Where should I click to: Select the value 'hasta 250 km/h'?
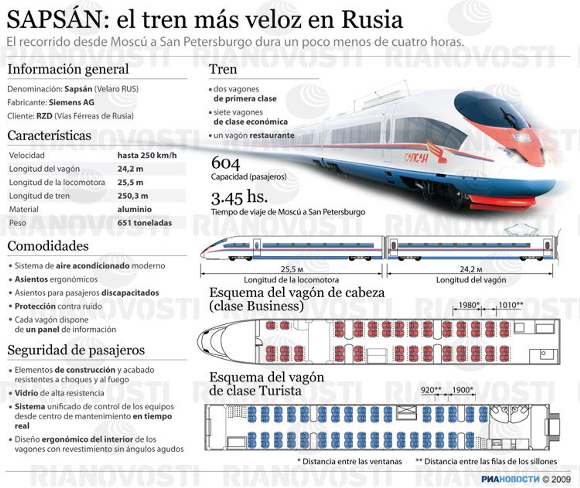coord(147,155)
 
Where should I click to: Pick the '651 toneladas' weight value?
coord(144,223)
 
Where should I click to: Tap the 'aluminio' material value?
coord(134,209)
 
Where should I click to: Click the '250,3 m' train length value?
coord(133,196)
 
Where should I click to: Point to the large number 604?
coord(225,163)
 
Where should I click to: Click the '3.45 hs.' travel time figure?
coord(239,198)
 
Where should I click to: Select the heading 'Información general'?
coord(68,69)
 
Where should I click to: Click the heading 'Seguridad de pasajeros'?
coord(76,350)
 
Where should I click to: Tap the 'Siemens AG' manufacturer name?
coord(71,102)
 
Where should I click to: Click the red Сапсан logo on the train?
coord(416,157)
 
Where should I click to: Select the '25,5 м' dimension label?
coord(292,269)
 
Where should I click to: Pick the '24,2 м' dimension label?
coord(471,269)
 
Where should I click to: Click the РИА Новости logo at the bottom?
coord(510,479)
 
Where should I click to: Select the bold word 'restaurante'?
coord(272,135)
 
